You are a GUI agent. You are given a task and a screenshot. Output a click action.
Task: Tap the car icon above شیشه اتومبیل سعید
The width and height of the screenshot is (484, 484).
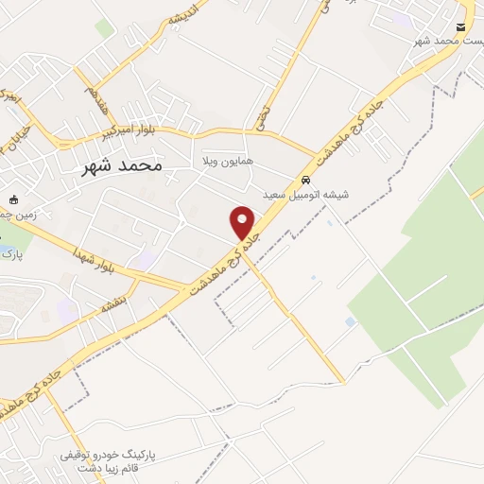pos(305,179)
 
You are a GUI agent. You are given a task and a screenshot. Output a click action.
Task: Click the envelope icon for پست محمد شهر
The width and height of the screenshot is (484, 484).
pos(460,27)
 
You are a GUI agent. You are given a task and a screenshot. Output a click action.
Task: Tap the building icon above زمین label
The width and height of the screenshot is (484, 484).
pos(14,199)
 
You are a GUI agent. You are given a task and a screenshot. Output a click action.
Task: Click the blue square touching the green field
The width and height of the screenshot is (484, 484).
pos(352,321)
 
